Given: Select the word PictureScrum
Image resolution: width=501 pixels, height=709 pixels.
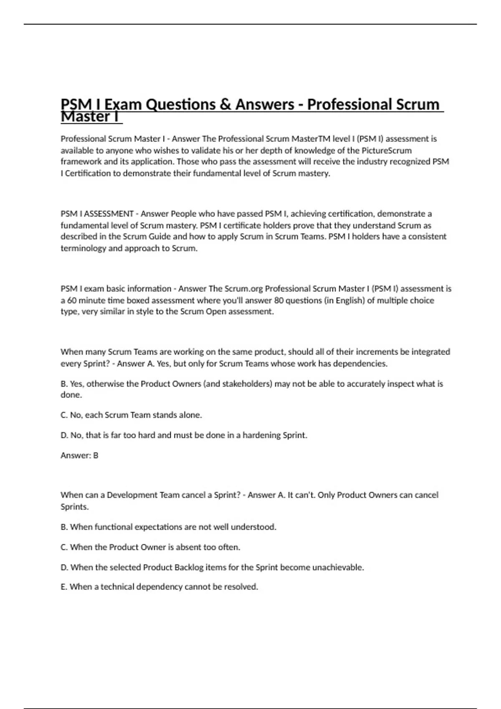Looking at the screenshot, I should point(387,151).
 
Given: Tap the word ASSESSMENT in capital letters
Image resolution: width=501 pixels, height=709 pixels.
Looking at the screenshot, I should point(109,214).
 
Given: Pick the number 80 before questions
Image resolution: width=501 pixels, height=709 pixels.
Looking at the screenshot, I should point(279,300).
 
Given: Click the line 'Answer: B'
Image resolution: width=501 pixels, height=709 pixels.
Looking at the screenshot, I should point(79,455).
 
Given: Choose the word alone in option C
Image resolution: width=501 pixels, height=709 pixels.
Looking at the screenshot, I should point(190,415).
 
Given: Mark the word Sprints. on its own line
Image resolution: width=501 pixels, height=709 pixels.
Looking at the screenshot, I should point(75,507).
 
